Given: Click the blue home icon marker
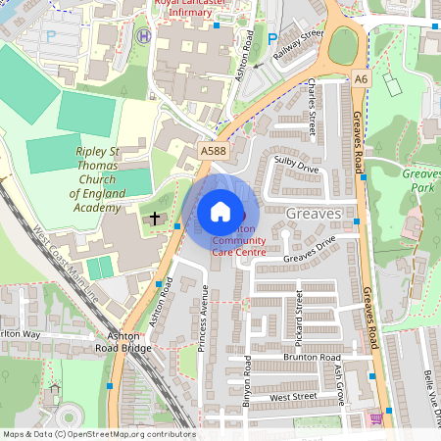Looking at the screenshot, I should pos(220,211).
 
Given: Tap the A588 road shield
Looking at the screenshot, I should pos(213,151).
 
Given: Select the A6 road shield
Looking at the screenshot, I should pos(363,77).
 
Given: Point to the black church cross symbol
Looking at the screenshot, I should pos(155,217).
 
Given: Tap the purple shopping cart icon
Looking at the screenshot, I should pos(376,418).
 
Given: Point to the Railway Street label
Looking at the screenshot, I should pos(299,46).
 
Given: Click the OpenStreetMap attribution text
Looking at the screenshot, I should pos(98,433).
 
